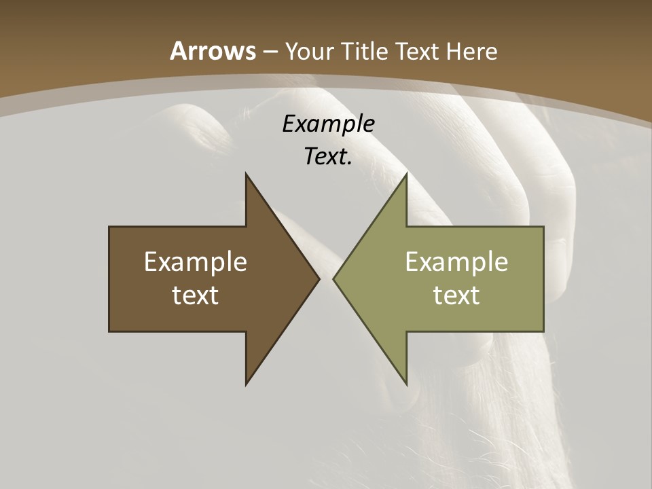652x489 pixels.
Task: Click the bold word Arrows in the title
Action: pyautogui.click(x=213, y=51)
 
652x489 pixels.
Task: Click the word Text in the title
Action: pyautogui.click(x=419, y=51)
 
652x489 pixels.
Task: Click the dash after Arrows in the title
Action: pyautogui.click(x=270, y=52)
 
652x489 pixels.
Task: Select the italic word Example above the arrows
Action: pyautogui.click(x=329, y=124)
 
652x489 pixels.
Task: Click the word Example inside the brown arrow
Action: pyautogui.click(x=196, y=261)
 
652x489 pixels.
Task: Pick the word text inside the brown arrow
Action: pyautogui.click(x=196, y=295)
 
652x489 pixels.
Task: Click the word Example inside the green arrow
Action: pyautogui.click(x=456, y=261)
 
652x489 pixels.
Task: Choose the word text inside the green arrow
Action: pyautogui.click(x=456, y=295)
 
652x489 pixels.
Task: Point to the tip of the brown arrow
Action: pyautogui.click(x=319, y=278)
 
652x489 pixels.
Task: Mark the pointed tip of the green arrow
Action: pyautogui.click(x=333, y=278)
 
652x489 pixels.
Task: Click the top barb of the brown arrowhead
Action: pyautogui.click(x=247, y=175)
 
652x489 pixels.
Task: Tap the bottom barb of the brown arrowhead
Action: pyautogui.click(x=247, y=384)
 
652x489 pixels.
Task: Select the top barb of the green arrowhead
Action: pyautogui.click(x=406, y=175)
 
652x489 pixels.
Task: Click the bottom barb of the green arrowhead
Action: pyautogui.click(x=406, y=384)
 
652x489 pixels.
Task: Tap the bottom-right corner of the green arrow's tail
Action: pyautogui.click(x=543, y=331)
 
